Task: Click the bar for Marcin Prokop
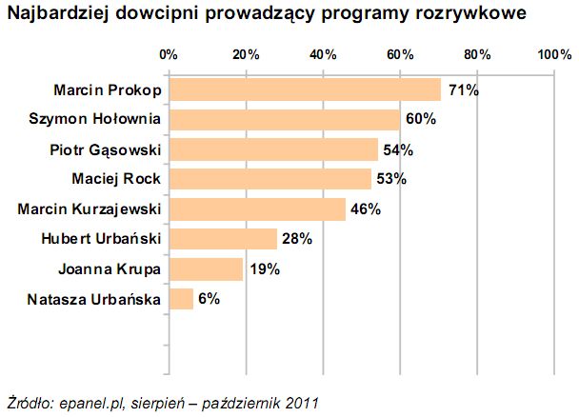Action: tap(305, 90)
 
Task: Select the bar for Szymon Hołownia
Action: tap(284, 120)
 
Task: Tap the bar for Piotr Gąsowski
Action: tap(272, 149)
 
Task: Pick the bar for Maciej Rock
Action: tap(270, 179)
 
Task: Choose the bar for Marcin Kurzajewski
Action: tap(257, 208)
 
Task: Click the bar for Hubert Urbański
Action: tap(223, 239)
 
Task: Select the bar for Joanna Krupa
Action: tap(206, 268)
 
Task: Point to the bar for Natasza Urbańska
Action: tap(181, 299)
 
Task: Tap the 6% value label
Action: tap(210, 299)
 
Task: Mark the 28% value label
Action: tap(297, 239)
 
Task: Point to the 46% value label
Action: tap(366, 208)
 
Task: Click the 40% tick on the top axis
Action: tap(323, 54)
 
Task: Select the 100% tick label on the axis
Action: tap(554, 54)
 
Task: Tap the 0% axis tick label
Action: tap(170, 54)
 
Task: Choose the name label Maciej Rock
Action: tap(116, 179)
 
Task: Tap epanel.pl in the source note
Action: tap(88, 401)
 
